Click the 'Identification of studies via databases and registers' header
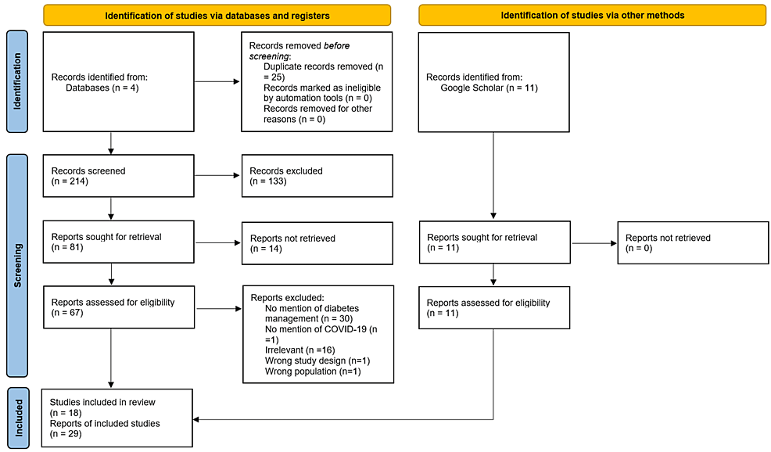point(217,15)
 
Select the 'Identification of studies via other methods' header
point(592,15)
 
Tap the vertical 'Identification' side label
point(17,81)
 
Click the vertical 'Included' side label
point(18,418)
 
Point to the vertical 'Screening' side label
point(17,266)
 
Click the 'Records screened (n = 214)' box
point(119,176)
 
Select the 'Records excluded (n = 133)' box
point(317,176)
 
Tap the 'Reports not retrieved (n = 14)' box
point(317,243)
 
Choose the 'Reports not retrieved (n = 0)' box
point(693,243)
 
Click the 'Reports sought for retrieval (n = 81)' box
point(119,242)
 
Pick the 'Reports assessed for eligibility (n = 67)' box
point(119,307)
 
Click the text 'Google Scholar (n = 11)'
point(489,88)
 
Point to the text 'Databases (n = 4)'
point(102,88)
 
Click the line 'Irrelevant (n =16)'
point(300,350)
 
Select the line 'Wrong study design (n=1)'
point(317,361)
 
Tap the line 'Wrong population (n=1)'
point(313,371)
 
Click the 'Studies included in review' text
point(102,402)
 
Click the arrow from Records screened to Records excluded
point(217,175)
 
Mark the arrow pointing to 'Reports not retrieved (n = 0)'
point(594,243)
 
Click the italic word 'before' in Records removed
point(336,45)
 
